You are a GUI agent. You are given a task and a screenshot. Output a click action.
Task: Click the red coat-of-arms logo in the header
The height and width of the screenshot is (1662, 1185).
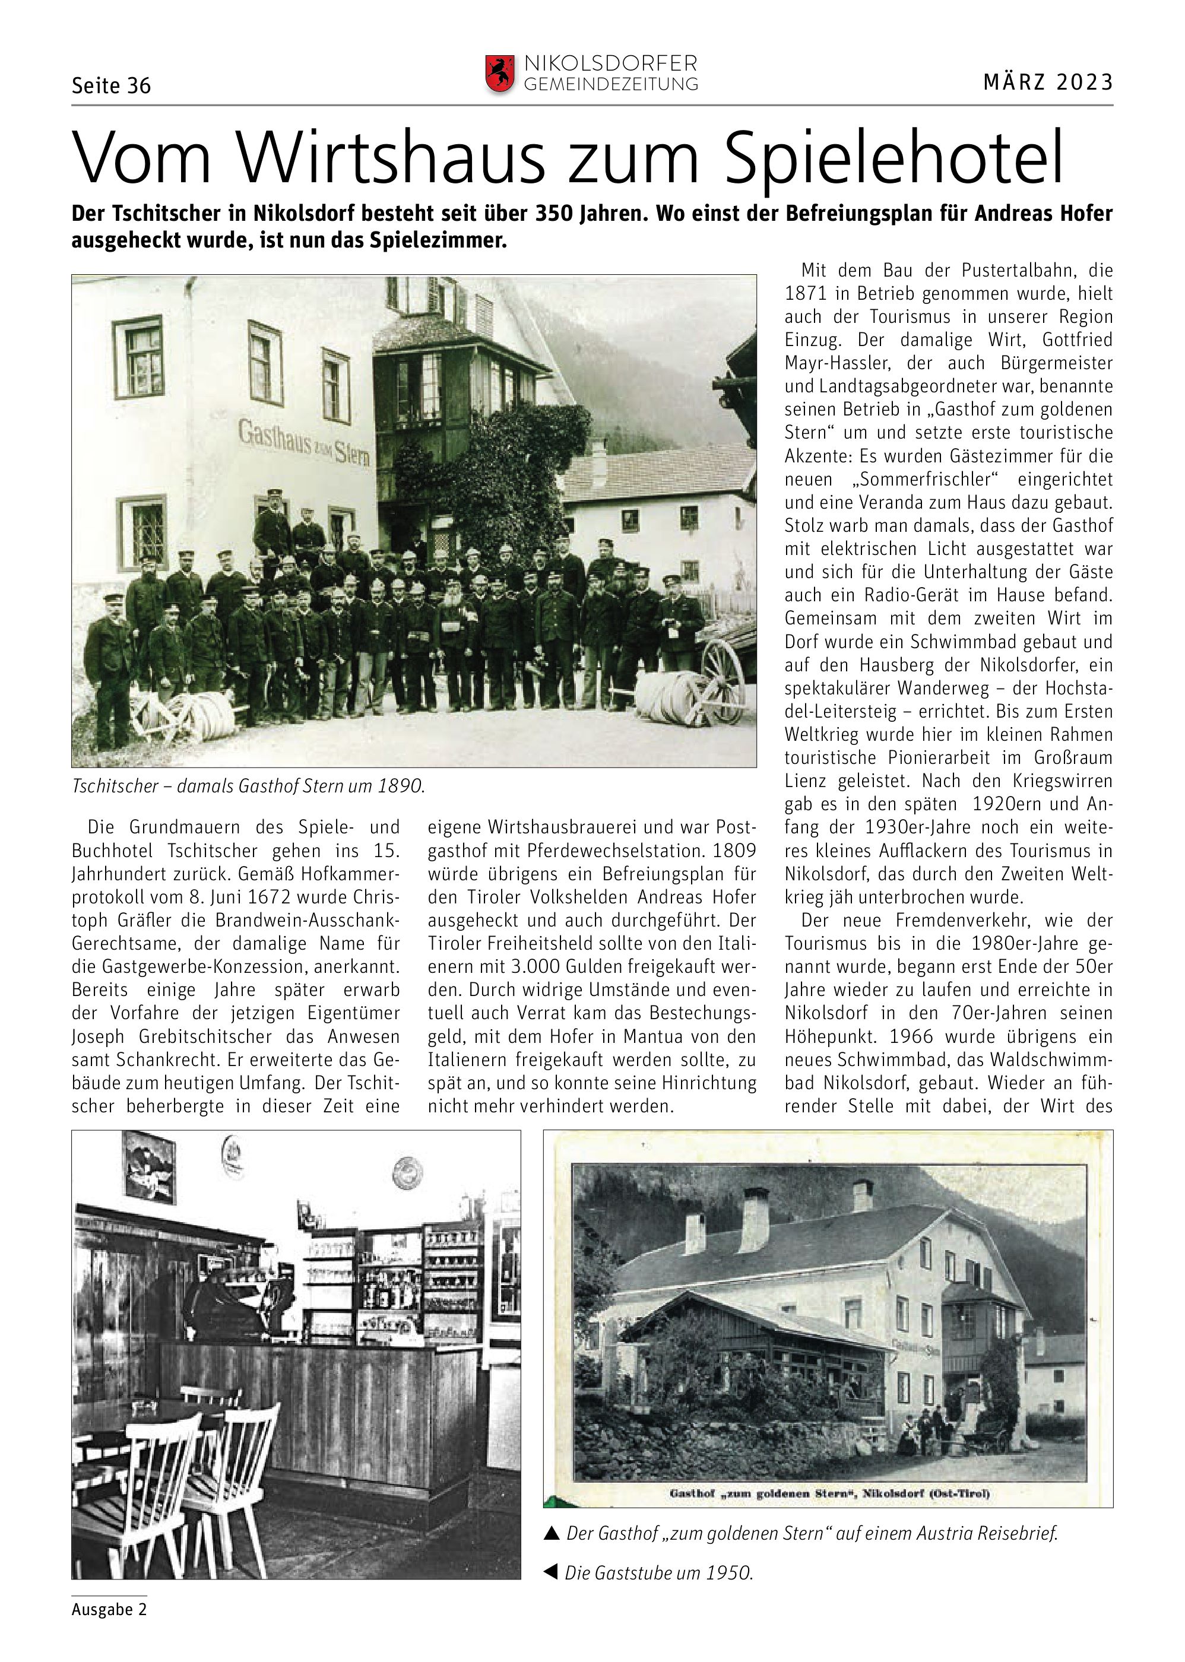coord(500,74)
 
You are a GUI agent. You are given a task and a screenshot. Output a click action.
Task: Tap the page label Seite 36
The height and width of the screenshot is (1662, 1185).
coord(111,86)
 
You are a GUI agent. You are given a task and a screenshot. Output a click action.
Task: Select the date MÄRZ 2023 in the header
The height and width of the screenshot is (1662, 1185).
coord(1048,83)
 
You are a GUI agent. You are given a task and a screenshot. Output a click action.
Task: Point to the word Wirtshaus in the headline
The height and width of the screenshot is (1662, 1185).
coord(391,157)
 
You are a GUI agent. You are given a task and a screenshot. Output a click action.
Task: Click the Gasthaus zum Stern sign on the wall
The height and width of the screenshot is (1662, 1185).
coord(303,442)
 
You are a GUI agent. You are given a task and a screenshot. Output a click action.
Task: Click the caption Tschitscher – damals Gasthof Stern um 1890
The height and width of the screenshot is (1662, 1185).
coord(248,786)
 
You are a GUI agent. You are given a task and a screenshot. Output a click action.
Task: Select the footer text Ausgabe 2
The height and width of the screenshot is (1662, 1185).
coord(109,1610)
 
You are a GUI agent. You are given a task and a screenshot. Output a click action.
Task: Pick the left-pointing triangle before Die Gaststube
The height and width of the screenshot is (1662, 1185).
coord(552,1572)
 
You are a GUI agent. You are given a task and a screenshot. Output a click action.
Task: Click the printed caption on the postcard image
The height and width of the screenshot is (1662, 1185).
coord(829,1493)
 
